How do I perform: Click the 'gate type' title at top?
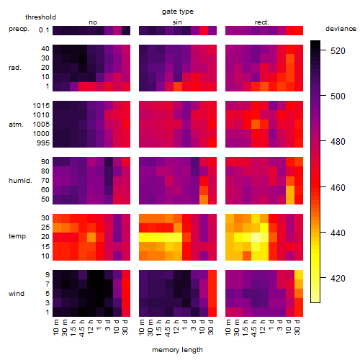tap(178, 12)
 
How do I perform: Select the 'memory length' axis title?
tap(177, 350)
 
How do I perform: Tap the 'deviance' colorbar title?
tap(341, 29)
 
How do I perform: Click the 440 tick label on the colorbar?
tap(338, 233)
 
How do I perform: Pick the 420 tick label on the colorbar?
tap(338, 279)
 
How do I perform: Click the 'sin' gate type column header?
tap(177, 22)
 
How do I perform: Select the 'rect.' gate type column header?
tap(261, 22)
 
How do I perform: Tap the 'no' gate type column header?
tap(93, 22)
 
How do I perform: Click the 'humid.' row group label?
tap(20, 181)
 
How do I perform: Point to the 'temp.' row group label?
tap(18, 236)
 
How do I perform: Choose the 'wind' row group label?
tap(17, 294)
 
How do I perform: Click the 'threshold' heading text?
tap(40, 17)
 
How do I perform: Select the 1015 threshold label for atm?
tap(41, 106)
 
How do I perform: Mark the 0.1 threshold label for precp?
tap(44, 30)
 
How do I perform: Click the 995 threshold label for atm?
tap(43, 143)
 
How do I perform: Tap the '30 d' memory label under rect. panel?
tap(297, 327)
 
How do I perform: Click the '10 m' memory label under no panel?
tap(55, 327)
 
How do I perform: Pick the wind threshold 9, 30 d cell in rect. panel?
tap(299, 275)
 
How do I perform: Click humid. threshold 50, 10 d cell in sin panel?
tap(204, 199)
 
